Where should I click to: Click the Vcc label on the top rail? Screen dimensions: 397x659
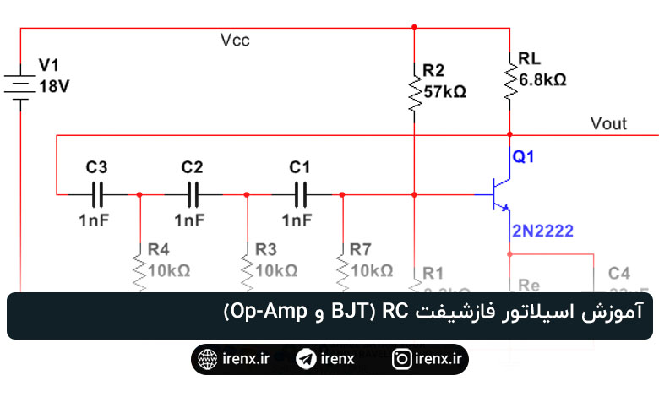pos(235,40)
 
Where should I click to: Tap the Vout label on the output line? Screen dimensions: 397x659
pos(608,123)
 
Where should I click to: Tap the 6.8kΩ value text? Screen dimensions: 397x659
pos(542,79)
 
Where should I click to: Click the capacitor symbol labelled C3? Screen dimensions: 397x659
pos(96,194)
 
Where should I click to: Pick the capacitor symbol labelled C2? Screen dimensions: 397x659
pos(193,194)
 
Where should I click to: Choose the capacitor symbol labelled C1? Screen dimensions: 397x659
pos(300,194)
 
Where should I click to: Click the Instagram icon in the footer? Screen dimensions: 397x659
pos(402,359)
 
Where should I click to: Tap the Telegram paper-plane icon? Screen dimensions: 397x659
pos(306,359)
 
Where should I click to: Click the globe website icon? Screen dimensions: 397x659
pos(206,359)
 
